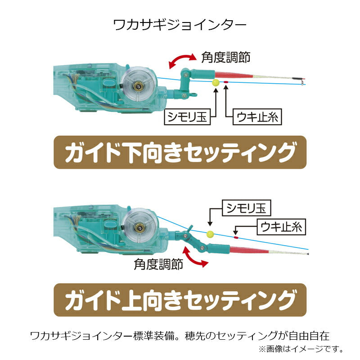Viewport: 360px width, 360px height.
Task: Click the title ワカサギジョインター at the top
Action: click(x=180, y=25)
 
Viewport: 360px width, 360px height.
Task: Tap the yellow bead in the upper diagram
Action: click(x=216, y=83)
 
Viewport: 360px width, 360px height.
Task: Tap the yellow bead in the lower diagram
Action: click(x=210, y=234)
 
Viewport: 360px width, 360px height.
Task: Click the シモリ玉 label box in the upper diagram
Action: click(x=187, y=117)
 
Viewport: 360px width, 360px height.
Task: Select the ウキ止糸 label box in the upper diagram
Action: click(x=257, y=117)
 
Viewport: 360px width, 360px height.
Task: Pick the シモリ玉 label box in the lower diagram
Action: click(x=247, y=208)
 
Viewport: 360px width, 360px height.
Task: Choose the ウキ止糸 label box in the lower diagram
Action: click(x=281, y=227)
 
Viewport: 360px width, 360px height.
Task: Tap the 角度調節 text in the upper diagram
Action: click(x=226, y=57)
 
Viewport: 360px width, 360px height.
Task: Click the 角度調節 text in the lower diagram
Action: click(x=158, y=264)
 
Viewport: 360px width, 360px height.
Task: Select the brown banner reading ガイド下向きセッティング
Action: click(x=180, y=153)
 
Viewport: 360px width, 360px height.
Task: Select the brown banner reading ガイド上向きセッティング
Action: click(x=180, y=300)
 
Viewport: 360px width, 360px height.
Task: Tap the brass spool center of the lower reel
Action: click(x=139, y=228)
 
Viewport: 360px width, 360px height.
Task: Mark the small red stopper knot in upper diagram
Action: click(x=226, y=82)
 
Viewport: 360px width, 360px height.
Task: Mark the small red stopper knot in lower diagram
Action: click(x=235, y=237)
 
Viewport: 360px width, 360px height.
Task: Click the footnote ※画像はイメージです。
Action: click(x=301, y=349)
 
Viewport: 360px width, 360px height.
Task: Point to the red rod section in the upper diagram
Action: click(x=234, y=75)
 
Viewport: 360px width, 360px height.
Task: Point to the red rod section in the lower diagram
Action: click(x=249, y=250)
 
